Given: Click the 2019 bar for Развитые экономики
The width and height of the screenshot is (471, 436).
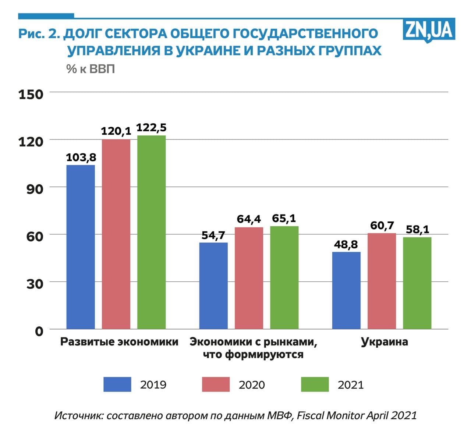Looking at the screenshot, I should point(81,247).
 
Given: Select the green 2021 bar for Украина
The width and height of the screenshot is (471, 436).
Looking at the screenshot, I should point(417,283).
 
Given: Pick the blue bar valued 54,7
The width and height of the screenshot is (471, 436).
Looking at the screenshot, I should point(213,286).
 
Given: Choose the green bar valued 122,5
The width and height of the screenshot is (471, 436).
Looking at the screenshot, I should point(152,232).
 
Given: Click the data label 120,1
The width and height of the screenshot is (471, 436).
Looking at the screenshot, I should point(116,131).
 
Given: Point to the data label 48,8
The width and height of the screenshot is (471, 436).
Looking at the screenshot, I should point(346,244).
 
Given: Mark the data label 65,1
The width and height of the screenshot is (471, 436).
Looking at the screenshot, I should point(284,219).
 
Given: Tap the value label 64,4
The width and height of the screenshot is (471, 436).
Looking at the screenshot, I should point(249,219).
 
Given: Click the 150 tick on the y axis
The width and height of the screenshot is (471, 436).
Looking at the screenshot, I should point(31,94).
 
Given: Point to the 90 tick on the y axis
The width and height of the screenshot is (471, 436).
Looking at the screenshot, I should point(35,189).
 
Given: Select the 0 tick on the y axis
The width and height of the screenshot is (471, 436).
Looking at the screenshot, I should point(39,331).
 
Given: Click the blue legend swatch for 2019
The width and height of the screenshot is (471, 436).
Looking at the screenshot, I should point(117,384).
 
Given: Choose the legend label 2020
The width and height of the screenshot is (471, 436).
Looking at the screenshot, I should point(252,385).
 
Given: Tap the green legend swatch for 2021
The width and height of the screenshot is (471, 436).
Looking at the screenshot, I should point(315,384).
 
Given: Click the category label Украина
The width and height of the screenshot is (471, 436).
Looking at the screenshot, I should point(384,342).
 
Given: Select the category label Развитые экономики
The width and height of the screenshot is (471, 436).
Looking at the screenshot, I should point(119,342).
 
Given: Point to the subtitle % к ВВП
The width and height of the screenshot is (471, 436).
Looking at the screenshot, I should point(91,69).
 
